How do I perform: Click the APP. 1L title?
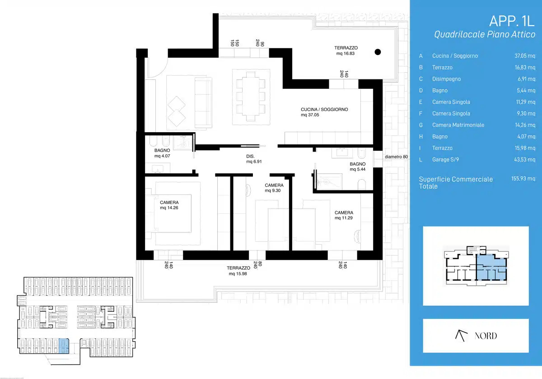(511, 21)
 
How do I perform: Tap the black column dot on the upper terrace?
(378, 52)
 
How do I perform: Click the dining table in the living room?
(251, 97)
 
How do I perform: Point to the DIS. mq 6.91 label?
(254, 159)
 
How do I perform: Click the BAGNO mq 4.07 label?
(162, 153)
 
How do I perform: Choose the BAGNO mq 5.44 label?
(357, 166)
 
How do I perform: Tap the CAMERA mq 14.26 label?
(169, 205)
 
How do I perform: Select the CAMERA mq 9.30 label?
(274, 188)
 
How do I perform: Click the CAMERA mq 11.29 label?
(344, 215)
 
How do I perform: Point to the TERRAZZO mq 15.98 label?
(238, 271)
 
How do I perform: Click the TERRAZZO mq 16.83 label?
(346, 51)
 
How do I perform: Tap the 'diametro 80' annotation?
(396, 157)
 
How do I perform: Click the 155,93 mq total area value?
(523, 179)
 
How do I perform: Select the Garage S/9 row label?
(445, 160)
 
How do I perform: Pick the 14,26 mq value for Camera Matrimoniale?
(525, 125)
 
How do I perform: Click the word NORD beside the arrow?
(486, 336)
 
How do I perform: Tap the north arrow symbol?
(461, 336)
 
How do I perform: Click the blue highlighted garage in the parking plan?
(64, 346)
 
